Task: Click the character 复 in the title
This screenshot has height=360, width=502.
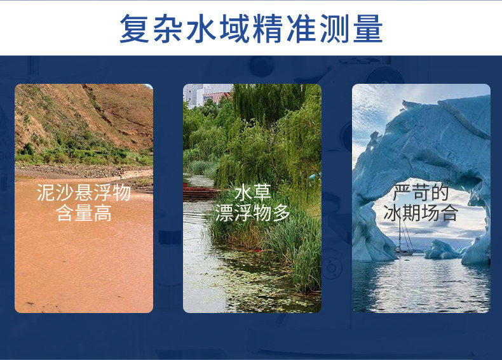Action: tap(135, 28)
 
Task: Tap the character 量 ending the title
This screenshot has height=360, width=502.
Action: tap(368, 28)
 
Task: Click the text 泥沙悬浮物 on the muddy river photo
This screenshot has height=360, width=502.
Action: tap(83, 192)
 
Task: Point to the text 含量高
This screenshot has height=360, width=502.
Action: tap(84, 213)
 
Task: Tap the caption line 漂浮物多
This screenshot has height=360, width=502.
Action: tap(253, 213)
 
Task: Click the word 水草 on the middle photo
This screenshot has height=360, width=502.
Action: tap(253, 192)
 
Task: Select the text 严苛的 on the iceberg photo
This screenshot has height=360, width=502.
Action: tap(421, 192)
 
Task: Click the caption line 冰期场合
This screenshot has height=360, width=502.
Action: tap(421, 213)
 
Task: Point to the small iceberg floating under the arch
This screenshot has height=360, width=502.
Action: tap(443, 250)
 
